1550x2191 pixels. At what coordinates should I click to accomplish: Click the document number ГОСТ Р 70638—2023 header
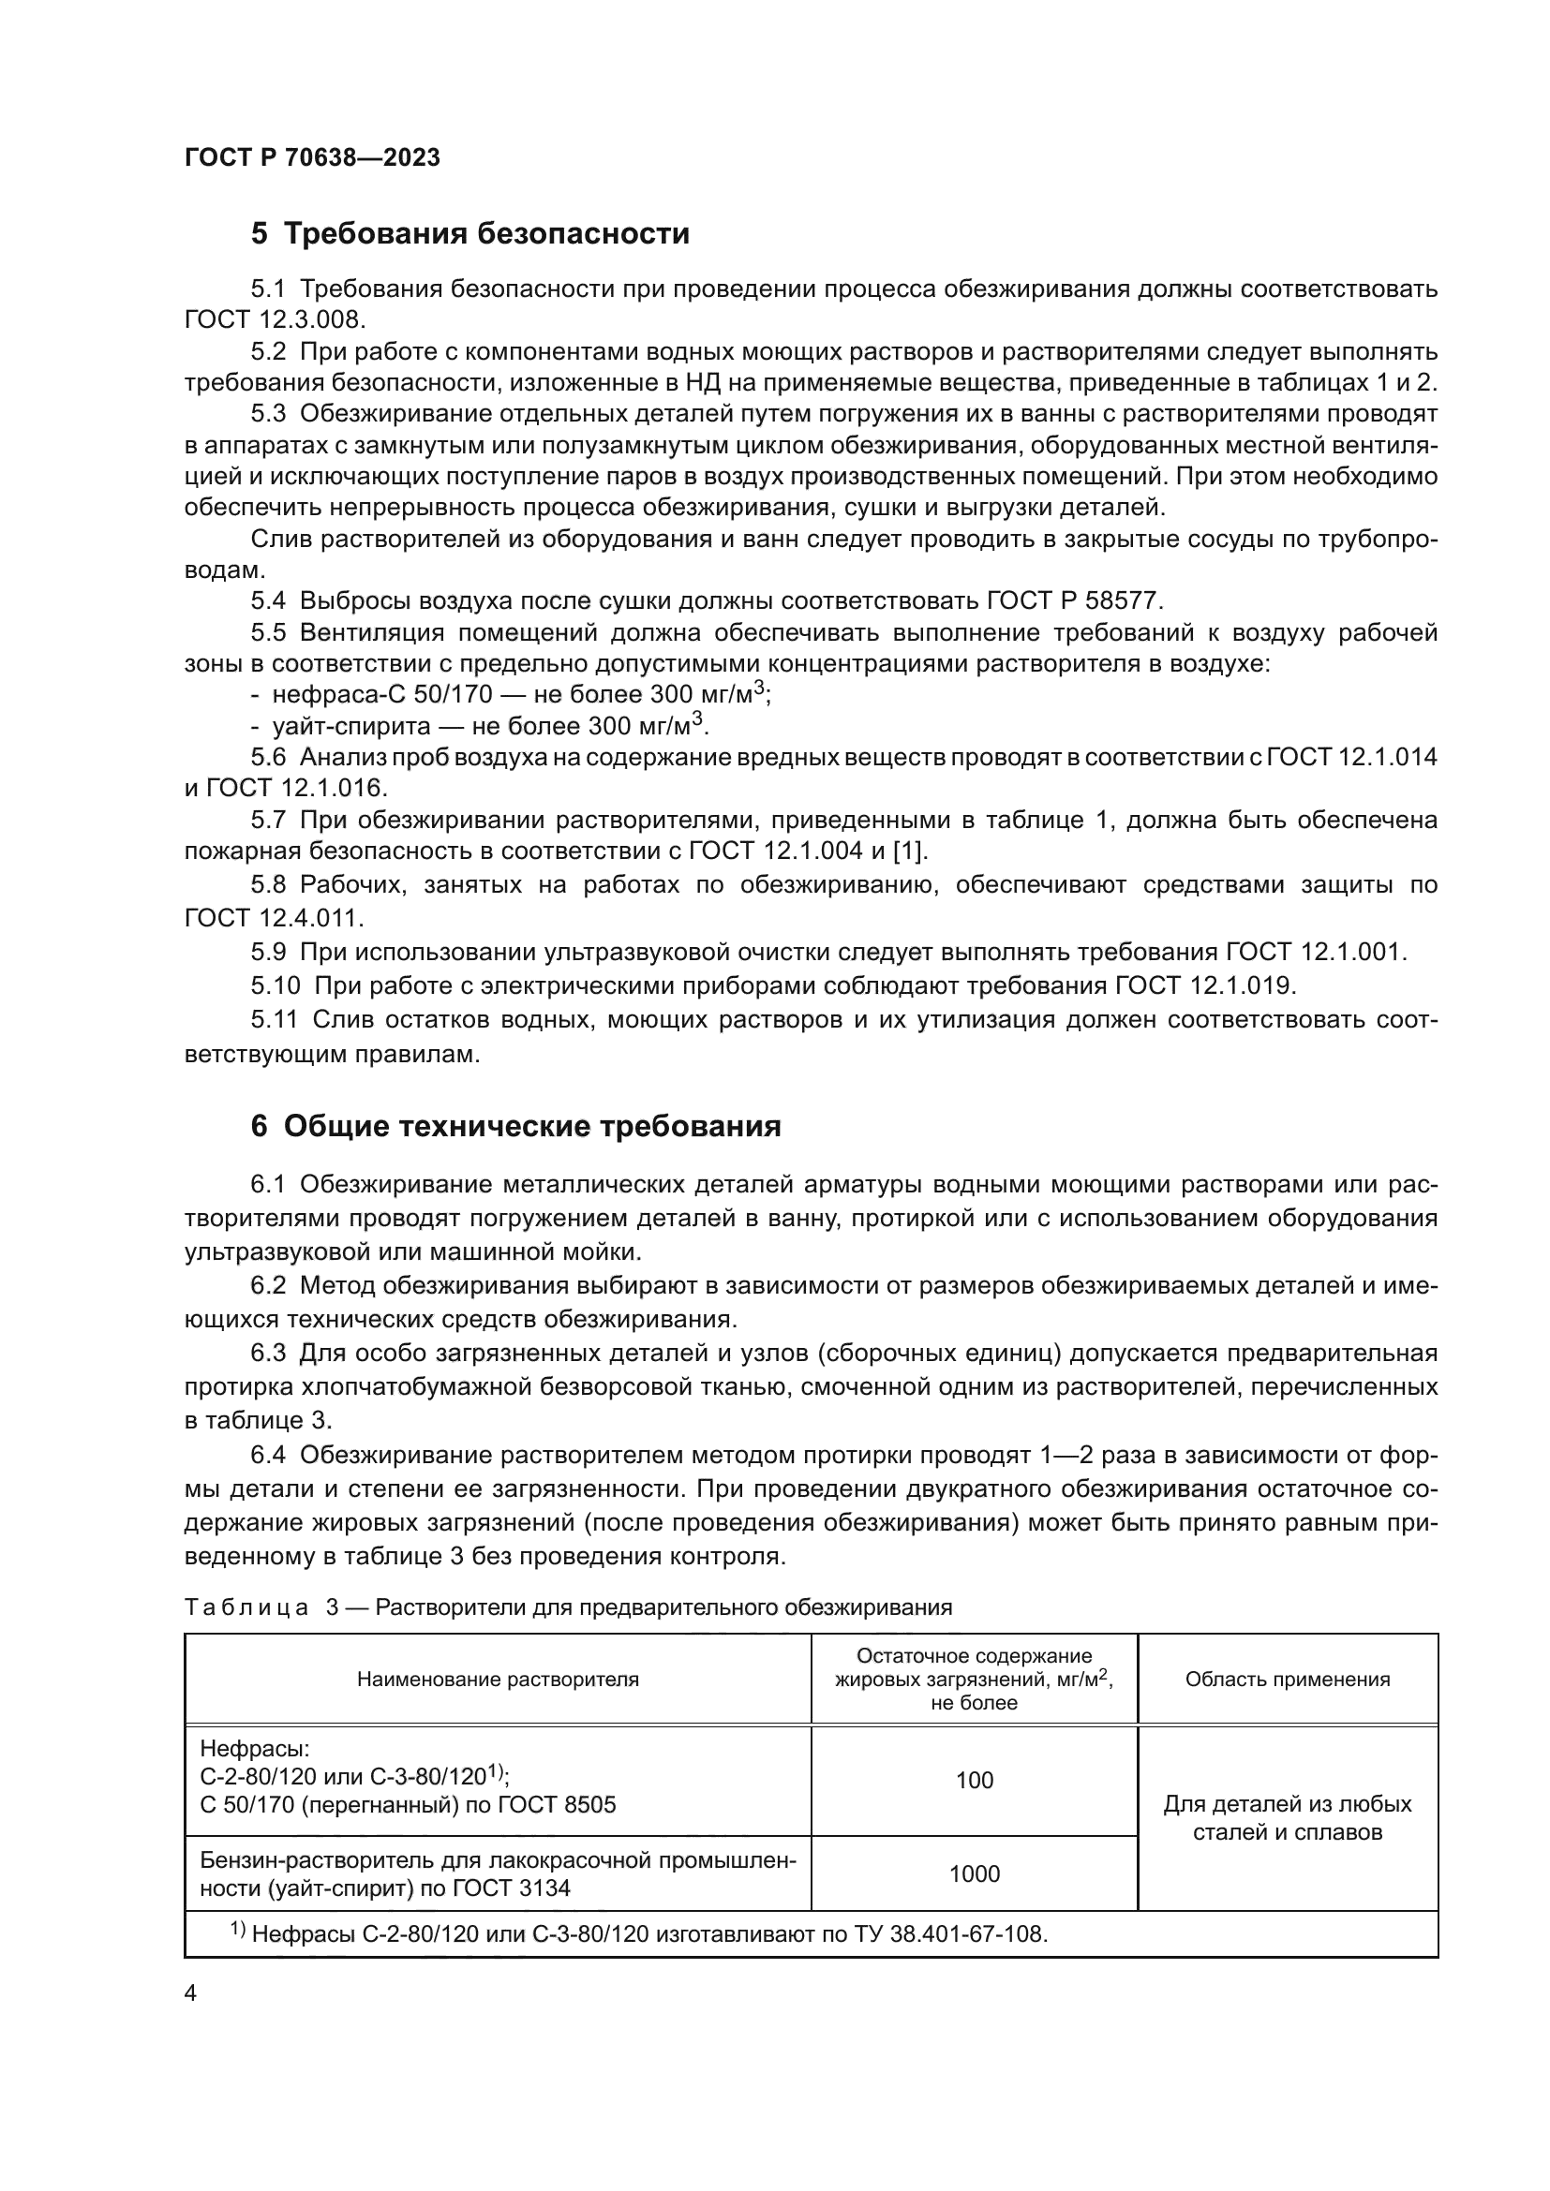pos(312,158)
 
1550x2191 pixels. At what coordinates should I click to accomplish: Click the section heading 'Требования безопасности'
pos(486,234)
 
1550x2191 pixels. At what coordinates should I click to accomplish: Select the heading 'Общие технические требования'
pos(532,1127)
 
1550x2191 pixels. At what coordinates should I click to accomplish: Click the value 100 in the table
pos(974,1780)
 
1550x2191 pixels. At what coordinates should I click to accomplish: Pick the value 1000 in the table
pos(974,1873)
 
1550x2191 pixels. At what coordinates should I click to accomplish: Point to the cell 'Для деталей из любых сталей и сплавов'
pos(1287,1818)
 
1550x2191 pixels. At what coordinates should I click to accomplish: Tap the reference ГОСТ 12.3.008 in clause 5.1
pos(274,319)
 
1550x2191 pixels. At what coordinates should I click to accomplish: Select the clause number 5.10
pos(276,984)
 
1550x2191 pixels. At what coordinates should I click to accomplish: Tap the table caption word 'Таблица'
pos(246,1608)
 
